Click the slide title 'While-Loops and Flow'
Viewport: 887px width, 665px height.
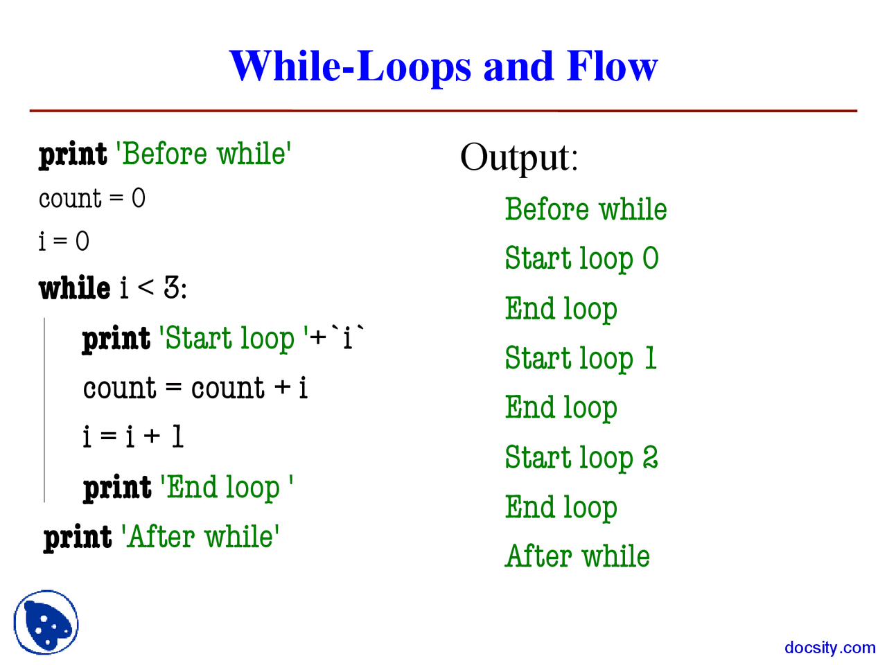(443, 66)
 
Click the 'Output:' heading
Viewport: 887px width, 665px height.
(518, 157)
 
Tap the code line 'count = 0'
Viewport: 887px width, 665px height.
(91, 199)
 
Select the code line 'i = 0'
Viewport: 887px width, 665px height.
(64, 242)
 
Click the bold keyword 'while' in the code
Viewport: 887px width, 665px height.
(74, 288)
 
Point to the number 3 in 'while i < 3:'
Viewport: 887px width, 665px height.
(172, 287)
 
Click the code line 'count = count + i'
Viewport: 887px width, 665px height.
(195, 388)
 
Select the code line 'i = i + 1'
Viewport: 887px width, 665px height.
(132, 437)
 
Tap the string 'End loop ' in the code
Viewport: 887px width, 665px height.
(226, 488)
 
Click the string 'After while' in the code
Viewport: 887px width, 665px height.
(200, 538)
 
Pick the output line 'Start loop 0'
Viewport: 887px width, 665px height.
(581, 259)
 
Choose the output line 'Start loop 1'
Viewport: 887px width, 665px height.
(580, 359)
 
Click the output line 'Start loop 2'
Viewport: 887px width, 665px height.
(581, 458)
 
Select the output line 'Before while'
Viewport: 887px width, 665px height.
(586, 210)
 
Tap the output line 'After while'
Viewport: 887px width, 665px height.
(577, 556)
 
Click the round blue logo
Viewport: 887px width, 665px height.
(46, 622)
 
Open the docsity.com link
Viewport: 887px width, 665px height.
(829, 648)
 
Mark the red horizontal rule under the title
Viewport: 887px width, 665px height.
(443, 111)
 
